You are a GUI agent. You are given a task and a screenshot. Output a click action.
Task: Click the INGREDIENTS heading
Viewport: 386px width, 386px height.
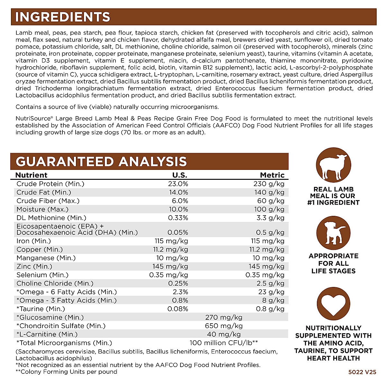[x=63, y=17]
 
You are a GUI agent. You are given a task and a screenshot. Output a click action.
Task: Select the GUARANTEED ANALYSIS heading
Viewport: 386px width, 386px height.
[x=101, y=161]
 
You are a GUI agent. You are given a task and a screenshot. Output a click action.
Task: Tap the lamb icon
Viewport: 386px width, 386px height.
[x=333, y=165]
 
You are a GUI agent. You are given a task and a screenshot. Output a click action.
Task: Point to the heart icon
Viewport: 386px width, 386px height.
[x=333, y=304]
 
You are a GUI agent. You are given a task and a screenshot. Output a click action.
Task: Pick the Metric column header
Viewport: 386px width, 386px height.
[x=272, y=175]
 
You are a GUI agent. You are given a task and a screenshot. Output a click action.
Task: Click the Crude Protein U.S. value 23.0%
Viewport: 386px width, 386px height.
[x=178, y=184]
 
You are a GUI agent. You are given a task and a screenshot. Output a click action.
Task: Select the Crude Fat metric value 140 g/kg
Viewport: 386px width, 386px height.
[x=269, y=192]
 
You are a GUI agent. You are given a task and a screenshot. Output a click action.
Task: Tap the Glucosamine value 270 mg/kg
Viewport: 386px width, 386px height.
[x=224, y=317]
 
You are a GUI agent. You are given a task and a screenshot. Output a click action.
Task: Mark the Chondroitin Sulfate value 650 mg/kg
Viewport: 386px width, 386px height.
[x=224, y=326]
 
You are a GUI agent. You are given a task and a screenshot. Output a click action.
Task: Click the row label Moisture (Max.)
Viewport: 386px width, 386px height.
[x=42, y=209]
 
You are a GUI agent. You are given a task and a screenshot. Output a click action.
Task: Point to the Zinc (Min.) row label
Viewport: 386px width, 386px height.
[x=34, y=266]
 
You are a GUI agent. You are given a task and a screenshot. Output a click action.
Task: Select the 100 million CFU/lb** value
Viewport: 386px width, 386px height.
[x=224, y=343]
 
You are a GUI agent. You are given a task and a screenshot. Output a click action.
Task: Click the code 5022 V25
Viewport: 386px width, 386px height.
[x=362, y=372]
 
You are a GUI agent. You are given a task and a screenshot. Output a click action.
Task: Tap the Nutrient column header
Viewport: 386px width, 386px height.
[x=31, y=175]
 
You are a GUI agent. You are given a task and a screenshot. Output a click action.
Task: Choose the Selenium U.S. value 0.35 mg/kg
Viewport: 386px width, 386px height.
[x=169, y=275]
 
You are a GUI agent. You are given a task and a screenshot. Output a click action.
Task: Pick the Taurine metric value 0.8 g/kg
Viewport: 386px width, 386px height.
[x=270, y=309]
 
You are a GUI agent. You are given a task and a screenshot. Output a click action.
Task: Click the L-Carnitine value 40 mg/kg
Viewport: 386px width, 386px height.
[x=224, y=334]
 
